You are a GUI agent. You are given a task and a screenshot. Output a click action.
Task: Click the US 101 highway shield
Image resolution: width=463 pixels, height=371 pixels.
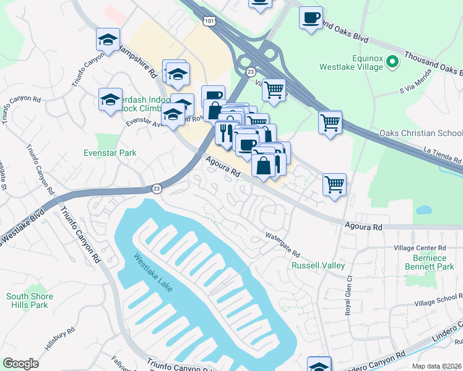point(208,22)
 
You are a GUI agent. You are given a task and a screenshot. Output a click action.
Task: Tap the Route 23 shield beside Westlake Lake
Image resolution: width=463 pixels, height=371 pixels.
point(157,189)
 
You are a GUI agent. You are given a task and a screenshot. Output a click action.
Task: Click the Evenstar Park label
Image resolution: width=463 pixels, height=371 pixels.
point(110,153)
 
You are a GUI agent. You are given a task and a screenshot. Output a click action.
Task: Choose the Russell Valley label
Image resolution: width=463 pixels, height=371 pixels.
point(318,265)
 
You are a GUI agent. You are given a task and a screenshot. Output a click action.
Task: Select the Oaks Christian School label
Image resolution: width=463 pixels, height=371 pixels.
point(420,134)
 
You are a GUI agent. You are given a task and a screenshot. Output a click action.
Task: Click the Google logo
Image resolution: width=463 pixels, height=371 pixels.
point(20,363)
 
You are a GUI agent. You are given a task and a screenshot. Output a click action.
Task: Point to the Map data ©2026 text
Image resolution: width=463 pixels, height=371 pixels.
point(437,366)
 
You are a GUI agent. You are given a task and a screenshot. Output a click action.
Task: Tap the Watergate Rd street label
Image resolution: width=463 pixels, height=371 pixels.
point(282,245)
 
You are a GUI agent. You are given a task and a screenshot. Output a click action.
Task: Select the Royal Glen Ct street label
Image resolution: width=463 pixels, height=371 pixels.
point(348,296)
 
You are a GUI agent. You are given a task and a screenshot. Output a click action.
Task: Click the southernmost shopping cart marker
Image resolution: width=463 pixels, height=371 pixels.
point(334,184)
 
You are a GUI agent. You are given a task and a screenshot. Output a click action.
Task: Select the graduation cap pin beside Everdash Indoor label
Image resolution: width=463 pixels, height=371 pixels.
point(111,100)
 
